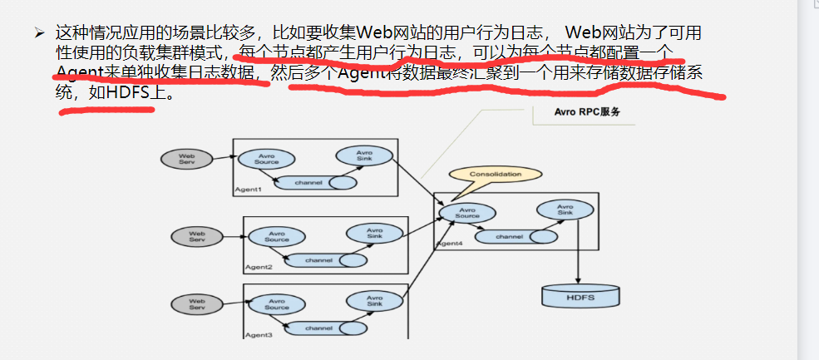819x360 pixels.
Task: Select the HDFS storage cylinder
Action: [x=580, y=295]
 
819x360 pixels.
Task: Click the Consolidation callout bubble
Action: [x=495, y=175]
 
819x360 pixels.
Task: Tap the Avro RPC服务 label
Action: [x=588, y=111]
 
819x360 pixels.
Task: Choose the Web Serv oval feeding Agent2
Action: [x=196, y=237]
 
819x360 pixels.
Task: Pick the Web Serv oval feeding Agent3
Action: [x=196, y=305]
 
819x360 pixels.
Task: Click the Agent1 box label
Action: [x=248, y=190]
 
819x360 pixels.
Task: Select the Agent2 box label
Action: [x=258, y=267]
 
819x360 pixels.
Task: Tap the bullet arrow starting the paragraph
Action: [x=38, y=33]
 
